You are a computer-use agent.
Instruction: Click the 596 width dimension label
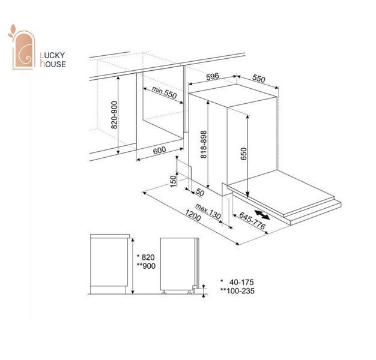pyautogui.click(x=213, y=76)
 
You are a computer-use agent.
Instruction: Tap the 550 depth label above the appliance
pyautogui.click(x=259, y=79)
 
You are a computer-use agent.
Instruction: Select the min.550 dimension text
pyautogui.click(x=164, y=92)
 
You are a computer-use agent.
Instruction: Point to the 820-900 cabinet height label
pyautogui.click(x=115, y=115)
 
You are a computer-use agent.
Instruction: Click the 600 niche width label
pyautogui.click(x=159, y=150)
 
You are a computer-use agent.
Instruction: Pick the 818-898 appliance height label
pyautogui.click(x=204, y=144)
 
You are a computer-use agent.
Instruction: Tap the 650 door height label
pyautogui.click(x=243, y=154)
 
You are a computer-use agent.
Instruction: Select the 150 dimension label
pyautogui.click(x=173, y=181)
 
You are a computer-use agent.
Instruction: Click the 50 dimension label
pyautogui.click(x=200, y=192)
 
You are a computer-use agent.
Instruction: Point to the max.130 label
pyautogui.click(x=208, y=211)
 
